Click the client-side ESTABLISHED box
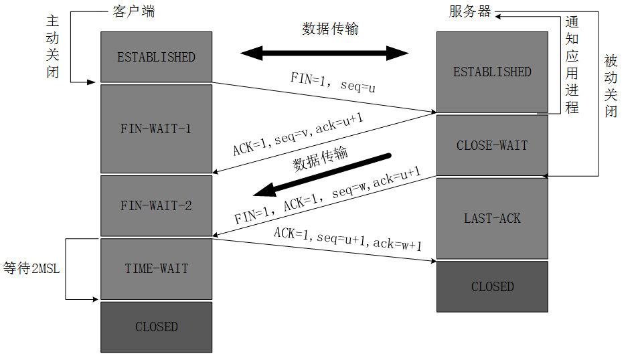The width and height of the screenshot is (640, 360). coord(156,57)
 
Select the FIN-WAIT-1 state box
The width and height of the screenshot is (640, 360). coord(156,128)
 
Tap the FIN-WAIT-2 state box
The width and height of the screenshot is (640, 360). coord(156,205)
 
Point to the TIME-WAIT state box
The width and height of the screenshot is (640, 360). coord(156,268)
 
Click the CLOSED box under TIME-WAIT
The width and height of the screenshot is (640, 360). coord(156,327)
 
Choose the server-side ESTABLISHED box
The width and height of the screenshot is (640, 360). coord(492,72)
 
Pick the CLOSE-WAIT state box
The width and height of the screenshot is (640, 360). coord(492,145)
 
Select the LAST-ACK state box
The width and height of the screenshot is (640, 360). coord(492,218)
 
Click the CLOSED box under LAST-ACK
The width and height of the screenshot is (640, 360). coord(492,286)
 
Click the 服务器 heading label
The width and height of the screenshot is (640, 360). coord(469,11)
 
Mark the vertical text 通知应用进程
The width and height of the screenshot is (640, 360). coord(572,64)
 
